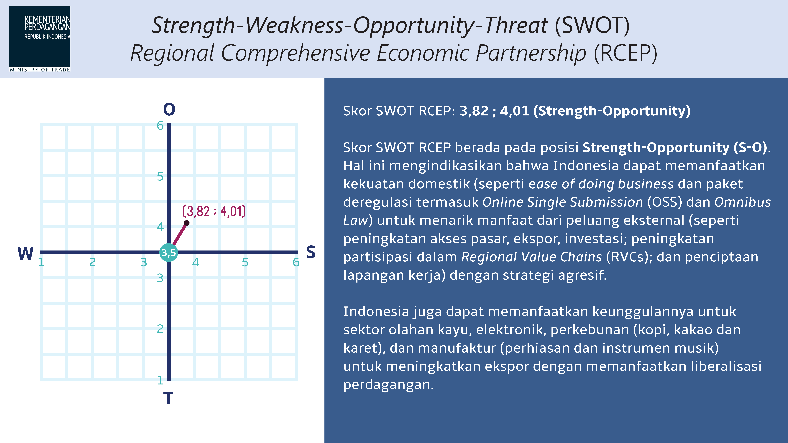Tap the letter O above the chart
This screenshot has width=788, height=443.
coord(169,109)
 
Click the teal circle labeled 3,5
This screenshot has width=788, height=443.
coord(169,253)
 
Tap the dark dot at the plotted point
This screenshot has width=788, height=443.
coord(187,223)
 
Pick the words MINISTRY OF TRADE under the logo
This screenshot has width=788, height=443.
coord(40,70)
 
